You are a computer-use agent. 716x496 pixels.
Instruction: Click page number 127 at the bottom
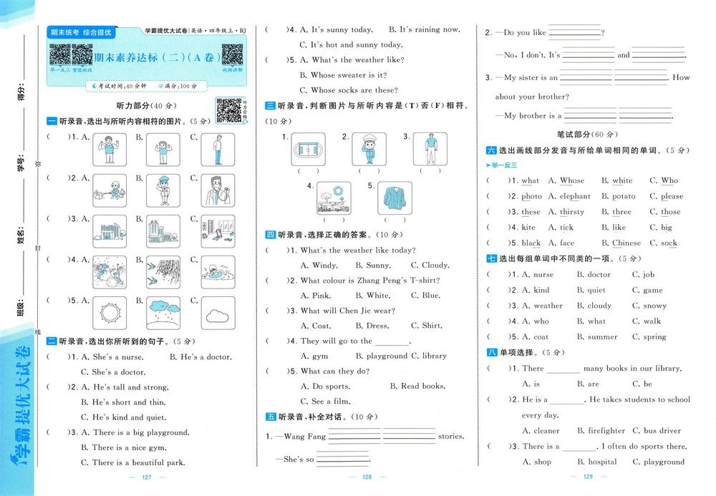(147, 477)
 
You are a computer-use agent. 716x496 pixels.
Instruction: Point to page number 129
(589, 477)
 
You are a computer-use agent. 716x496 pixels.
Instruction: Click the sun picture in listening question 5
(110, 312)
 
